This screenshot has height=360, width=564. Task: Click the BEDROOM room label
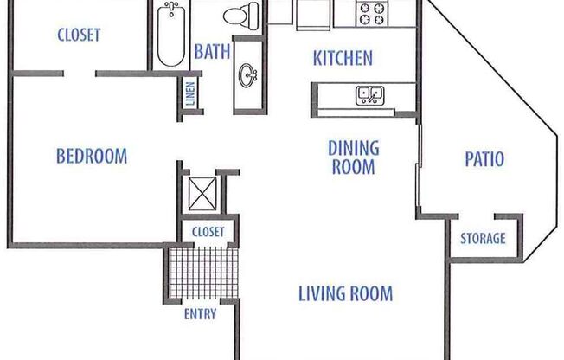91,157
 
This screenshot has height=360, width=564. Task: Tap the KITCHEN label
342,59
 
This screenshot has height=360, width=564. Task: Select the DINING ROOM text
353,157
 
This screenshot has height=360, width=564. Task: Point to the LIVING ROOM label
345,293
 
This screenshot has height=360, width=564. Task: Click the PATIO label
484,159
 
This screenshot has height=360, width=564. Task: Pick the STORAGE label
482,239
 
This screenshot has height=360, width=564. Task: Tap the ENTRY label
200,314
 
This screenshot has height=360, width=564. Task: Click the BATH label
212,52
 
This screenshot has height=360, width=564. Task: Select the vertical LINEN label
190,94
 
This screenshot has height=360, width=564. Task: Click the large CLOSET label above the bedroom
79,35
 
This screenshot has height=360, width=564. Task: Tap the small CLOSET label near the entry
208,232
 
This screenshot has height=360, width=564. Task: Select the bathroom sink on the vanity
248,75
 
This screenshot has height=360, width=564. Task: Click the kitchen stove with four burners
374,13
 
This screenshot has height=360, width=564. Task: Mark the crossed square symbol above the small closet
202,191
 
